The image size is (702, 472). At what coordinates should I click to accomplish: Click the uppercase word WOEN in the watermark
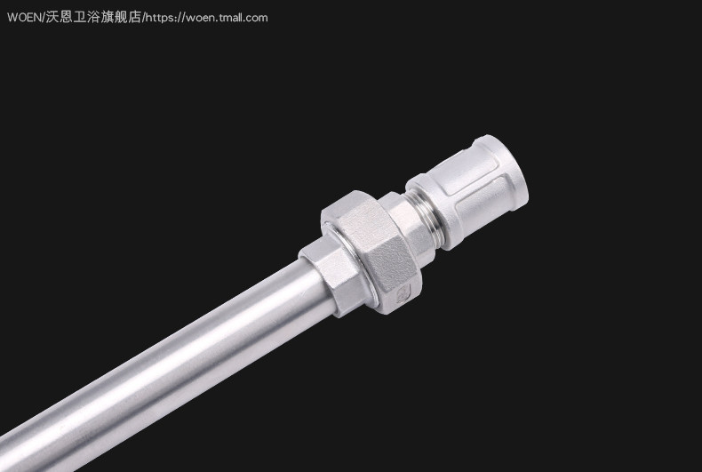(x=25, y=18)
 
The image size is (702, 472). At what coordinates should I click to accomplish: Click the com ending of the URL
(x=257, y=19)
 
